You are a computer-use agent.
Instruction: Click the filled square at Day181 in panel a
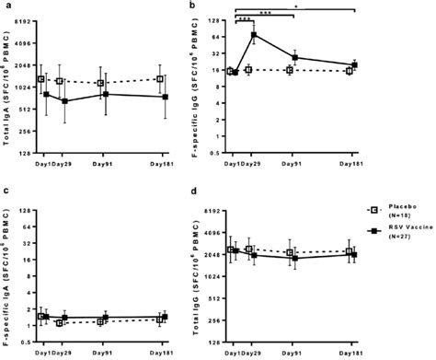(x=166, y=97)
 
